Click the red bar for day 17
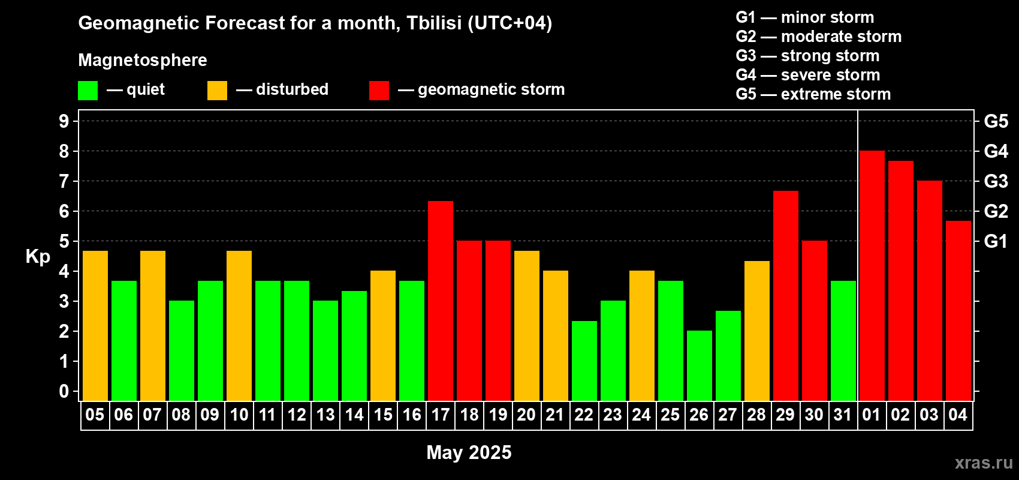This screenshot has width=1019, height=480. click(441, 301)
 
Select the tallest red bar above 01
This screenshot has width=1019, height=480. click(872, 275)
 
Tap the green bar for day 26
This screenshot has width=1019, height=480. click(699, 365)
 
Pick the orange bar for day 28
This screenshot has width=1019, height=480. click(757, 331)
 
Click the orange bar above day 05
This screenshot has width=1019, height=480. click(95, 326)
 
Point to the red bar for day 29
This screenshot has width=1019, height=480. click(786, 296)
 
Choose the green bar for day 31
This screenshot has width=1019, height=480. click(843, 341)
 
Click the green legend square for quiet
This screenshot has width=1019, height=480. click(88, 90)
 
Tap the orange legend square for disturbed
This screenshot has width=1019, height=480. click(217, 90)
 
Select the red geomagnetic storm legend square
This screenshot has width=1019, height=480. click(379, 90)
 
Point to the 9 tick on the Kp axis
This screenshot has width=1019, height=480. click(64, 121)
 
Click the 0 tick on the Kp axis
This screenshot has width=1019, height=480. click(64, 391)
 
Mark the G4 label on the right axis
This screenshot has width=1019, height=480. click(996, 151)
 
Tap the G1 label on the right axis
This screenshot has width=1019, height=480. click(996, 241)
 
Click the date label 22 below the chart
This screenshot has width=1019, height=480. click(584, 415)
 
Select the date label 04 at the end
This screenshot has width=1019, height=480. click(958, 415)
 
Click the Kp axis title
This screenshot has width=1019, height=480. click(38, 257)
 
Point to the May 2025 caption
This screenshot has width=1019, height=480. click(469, 452)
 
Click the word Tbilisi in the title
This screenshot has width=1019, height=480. click(434, 23)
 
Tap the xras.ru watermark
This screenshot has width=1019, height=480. click(984, 463)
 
